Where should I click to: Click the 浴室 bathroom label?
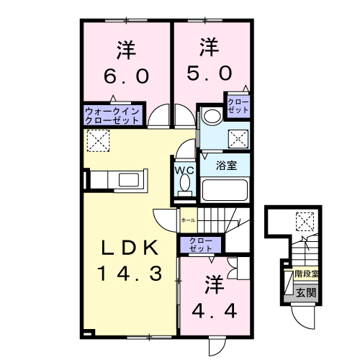point(227,165)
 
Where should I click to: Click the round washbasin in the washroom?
point(211,116)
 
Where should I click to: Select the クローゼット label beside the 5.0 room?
point(238,105)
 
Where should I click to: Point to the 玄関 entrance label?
point(305,292)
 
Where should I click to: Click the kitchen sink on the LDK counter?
point(127,179)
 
